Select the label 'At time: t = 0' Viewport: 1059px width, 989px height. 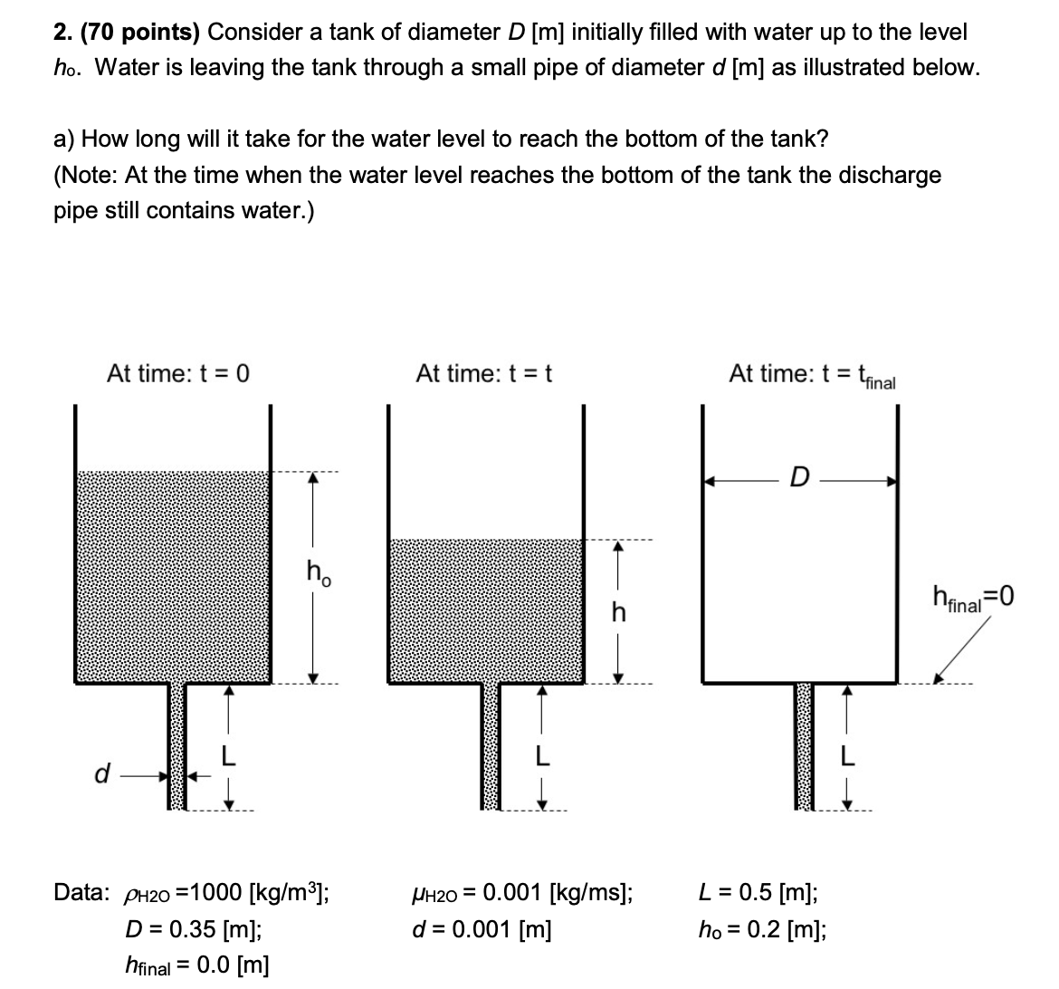[x=177, y=373]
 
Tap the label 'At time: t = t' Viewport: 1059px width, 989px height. [x=483, y=373]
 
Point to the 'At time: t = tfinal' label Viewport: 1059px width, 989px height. [x=812, y=375]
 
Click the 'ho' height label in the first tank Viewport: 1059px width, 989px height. [x=318, y=572]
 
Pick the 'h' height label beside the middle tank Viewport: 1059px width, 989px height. [x=619, y=613]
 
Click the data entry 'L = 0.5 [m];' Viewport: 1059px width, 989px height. [x=759, y=892]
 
